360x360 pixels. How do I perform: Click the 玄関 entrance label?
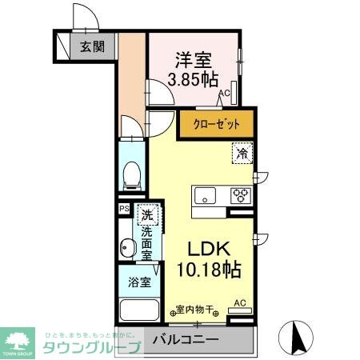[x=91, y=46]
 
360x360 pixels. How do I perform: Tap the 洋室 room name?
[x=194, y=59]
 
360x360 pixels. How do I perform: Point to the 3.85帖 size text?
[x=193, y=79]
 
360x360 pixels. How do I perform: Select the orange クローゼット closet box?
[x=215, y=125]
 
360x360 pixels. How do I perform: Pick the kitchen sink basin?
[x=205, y=194]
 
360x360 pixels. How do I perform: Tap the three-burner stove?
[x=240, y=194]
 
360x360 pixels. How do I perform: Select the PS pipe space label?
[x=124, y=209]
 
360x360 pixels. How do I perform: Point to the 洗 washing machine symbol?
[x=146, y=214]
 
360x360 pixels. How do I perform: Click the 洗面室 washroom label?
[x=147, y=243]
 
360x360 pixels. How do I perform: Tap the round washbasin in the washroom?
[x=126, y=247]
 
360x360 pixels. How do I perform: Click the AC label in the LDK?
[x=238, y=302]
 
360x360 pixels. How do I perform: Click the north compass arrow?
[x=295, y=336]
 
